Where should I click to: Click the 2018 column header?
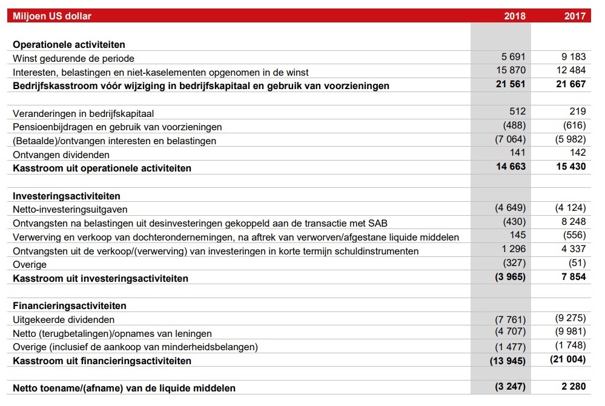(x=515, y=16)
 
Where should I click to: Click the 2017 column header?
(x=575, y=16)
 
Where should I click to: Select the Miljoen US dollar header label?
(x=52, y=16)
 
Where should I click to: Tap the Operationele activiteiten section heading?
(x=69, y=45)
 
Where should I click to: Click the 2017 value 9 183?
(x=573, y=57)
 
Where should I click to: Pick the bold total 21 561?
(x=510, y=84)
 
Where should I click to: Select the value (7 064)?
(x=511, y=139)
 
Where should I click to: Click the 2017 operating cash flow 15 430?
(x=570, y=167)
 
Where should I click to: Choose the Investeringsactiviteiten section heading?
(x=67, y=196)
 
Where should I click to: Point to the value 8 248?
(x=573, y=222)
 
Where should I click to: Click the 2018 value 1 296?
(x=514, y=248)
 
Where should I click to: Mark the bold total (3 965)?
(x=510, y=277)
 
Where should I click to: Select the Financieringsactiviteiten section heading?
(x=69, y=306)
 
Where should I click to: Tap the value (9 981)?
(x=570, y=333)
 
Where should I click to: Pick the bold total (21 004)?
(x=568, y=359)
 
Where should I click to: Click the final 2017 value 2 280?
(x=573, y=387)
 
